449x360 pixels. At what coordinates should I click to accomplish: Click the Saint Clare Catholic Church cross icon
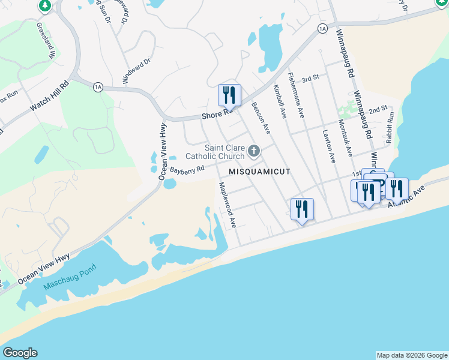(x=254, y=151)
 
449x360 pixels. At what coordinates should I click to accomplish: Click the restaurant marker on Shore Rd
(x=229, y=95)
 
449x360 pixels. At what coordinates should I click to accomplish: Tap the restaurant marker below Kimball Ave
(x=302, y=209)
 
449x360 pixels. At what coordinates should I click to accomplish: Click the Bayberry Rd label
(x=187, y=170)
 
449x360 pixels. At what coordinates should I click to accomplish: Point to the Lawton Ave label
(x=329, y=147)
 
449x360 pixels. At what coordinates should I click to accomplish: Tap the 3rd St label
(x=309, y=79)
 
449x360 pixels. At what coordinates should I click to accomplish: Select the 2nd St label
(x=378, y=110)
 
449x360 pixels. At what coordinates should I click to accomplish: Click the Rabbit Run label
(x=391, y=127)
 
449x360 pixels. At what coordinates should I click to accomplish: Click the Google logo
(x=20, y=353)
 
